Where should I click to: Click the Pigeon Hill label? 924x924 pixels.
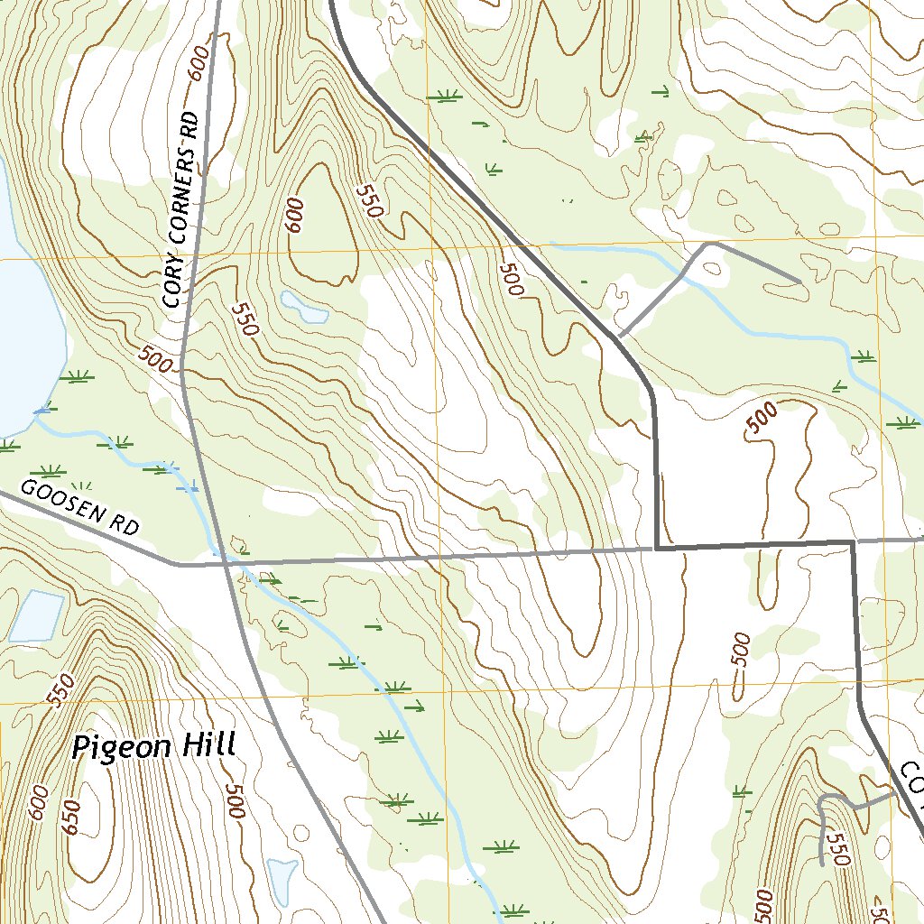[x=154, y=747]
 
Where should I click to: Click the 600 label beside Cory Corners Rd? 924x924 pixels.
[x=199, y=64]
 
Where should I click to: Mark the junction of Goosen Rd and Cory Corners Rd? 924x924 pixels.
[x=179, y=565]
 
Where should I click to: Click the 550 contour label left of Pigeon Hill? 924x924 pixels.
[x=60, y=690]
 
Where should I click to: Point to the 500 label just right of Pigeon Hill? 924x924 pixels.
[x=236, y=801]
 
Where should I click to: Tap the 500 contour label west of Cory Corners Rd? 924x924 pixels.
[x=155, y=360]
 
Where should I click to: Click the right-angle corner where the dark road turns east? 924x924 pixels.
[x=656, y=547]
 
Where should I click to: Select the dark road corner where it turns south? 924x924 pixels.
[x=852, y=542]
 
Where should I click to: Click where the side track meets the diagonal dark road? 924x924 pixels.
[x=621, y=336]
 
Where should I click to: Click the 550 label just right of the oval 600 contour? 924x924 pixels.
[x=370, y=201]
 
